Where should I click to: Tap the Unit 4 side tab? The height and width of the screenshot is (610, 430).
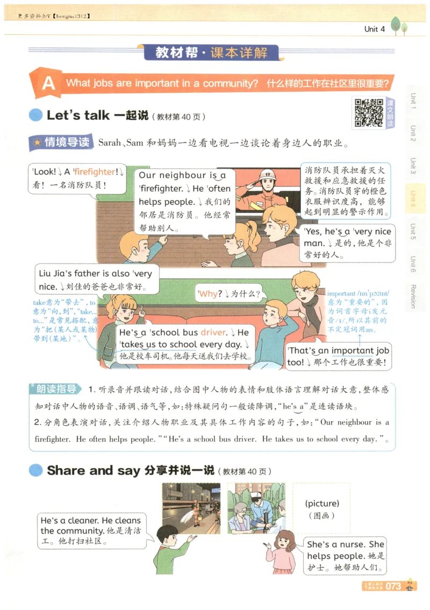[413, 198]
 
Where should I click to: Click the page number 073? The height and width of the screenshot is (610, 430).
[393, 586]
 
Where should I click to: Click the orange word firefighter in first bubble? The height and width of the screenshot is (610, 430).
[95, 172]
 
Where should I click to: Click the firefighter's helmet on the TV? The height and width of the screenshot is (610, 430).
[267, 175]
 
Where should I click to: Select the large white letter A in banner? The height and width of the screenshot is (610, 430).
[48, 84]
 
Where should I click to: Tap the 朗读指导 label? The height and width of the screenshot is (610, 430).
[56, 390]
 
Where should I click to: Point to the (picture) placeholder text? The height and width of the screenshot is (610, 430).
[321, 504]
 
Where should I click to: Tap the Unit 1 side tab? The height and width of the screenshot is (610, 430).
[413, 101]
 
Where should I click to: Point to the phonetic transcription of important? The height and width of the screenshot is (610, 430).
[365, 293]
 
